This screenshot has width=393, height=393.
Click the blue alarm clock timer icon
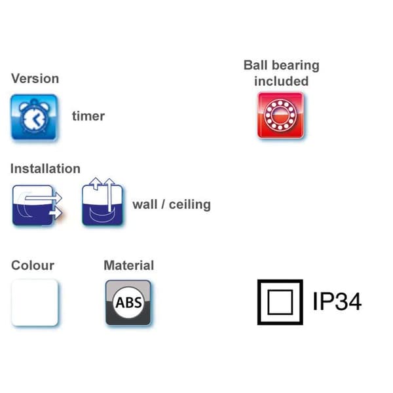tap(34, 117)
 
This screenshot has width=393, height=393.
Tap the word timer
tap(88, 116)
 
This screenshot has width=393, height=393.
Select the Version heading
tap(35, 79)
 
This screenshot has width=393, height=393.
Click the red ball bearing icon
tap(281, 115)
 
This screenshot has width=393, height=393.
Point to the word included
tap(281, 81)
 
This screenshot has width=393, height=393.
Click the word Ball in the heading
tap(255, 65)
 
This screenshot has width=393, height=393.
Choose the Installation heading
tap(45, 168)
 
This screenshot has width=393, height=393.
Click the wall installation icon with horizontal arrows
tap(37, 205)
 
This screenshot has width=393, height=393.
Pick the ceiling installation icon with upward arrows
tap(102, 202)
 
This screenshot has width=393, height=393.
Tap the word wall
tap(145, 204)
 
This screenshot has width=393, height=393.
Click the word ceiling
tap(190, 204)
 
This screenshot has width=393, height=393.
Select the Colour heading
tap(33, 265)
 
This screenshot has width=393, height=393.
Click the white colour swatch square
tap(35, 303)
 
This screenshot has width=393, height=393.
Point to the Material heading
tap(129, 265)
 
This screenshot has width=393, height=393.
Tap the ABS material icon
tap(128, 303)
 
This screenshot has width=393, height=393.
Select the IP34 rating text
tap(337, 301)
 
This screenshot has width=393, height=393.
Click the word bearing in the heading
tap(296, 65)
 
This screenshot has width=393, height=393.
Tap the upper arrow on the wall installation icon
tap(43, 198)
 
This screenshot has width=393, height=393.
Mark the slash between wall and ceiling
tap(163, 204)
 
